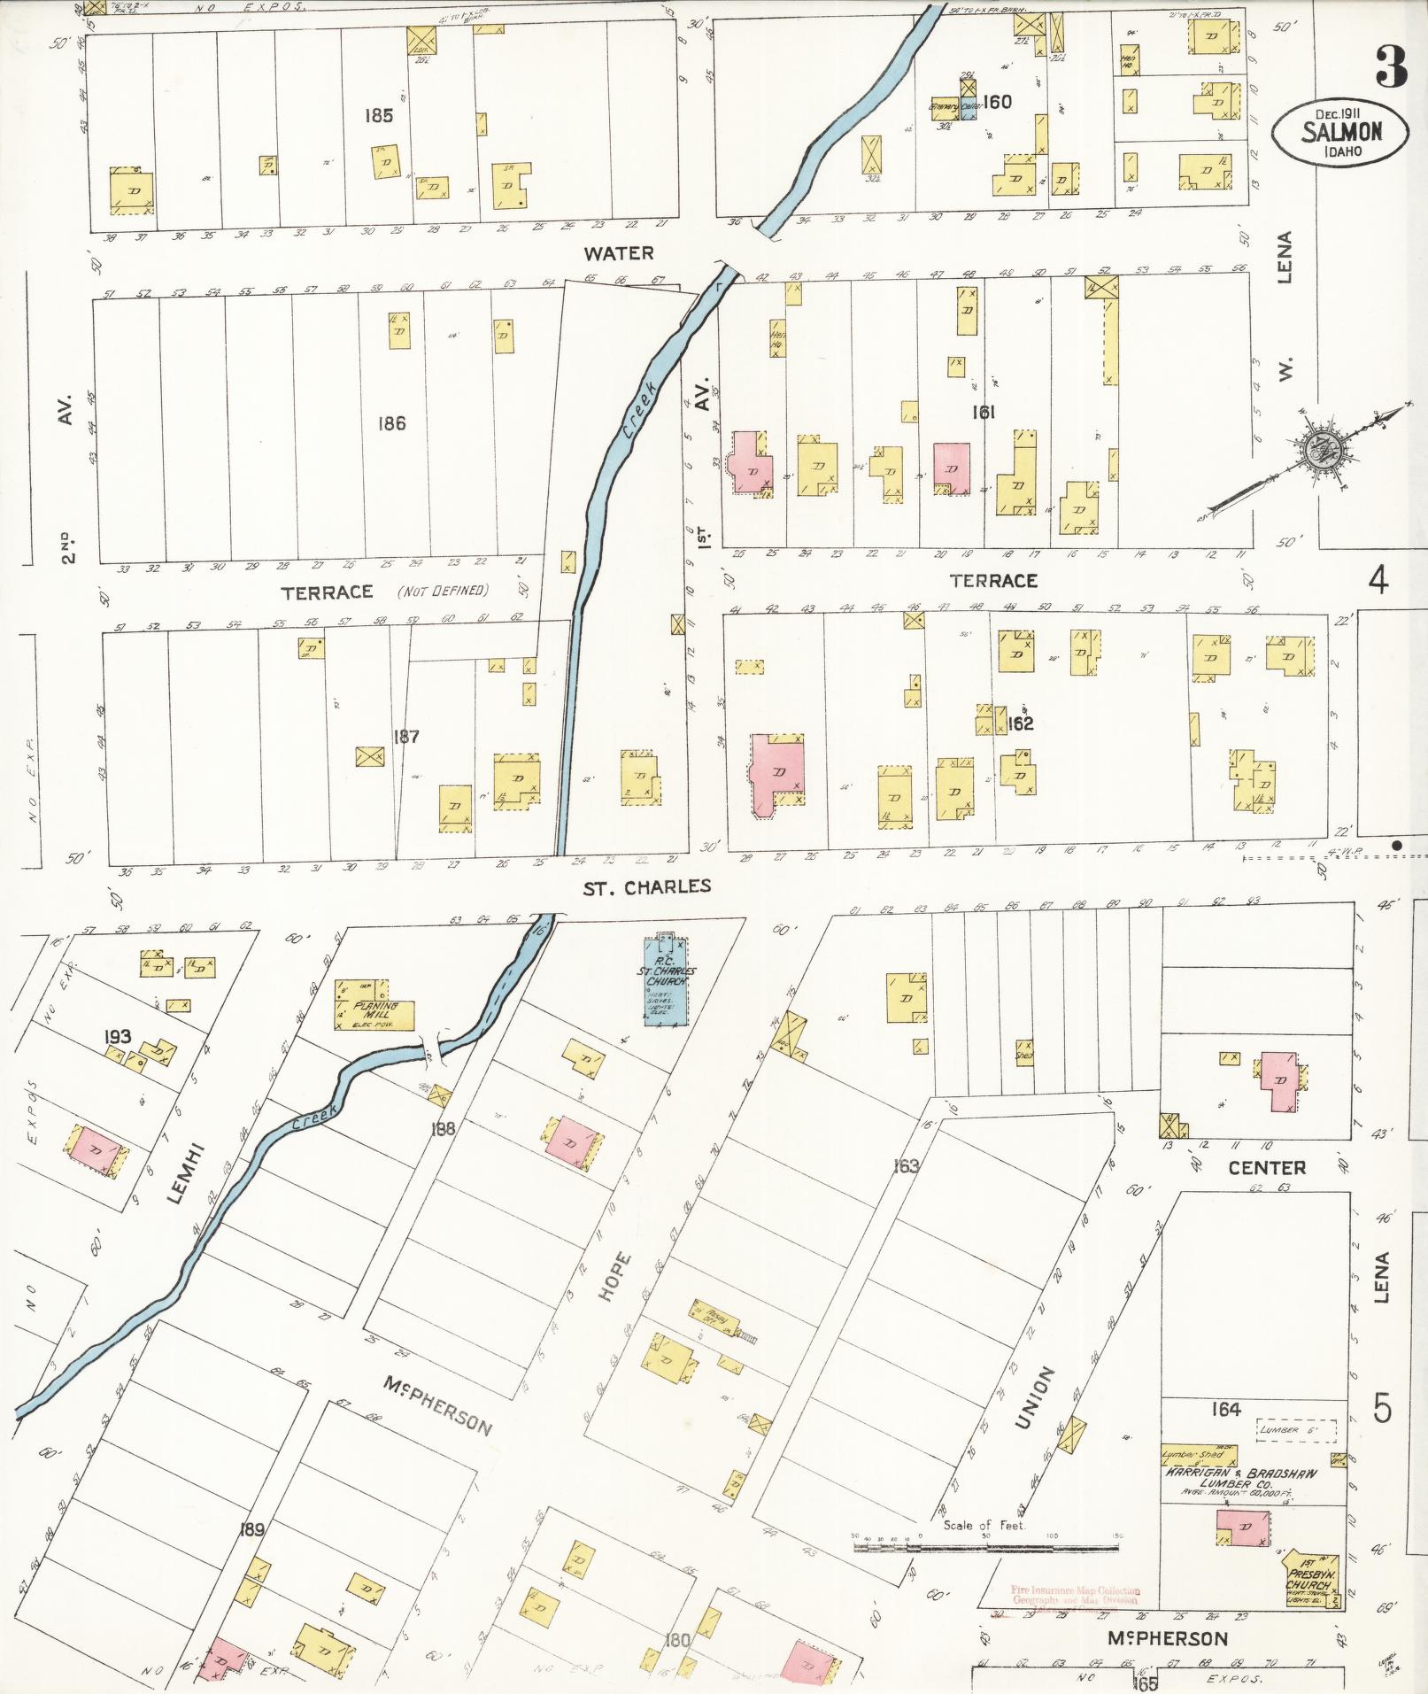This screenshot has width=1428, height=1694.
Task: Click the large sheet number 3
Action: click(x=1392, y=67)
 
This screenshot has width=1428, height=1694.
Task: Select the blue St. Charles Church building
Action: click(x=668, y=978)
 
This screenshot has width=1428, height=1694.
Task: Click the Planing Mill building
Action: click(x=374, y=1005)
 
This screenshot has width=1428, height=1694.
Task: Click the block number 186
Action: click(x=391, y=423)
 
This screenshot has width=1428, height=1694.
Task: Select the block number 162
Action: click(x=1020, y=723)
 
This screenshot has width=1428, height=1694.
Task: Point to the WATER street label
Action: click(x=618, y=253)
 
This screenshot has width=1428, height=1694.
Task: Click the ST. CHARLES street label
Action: click(x=646, y=886)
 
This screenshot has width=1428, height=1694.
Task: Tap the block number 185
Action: click(x=378, y=116)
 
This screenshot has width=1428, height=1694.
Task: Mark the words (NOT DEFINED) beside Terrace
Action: click(x=443, y=591)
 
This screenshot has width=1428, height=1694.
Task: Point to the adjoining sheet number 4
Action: click(x=1378, y=580)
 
